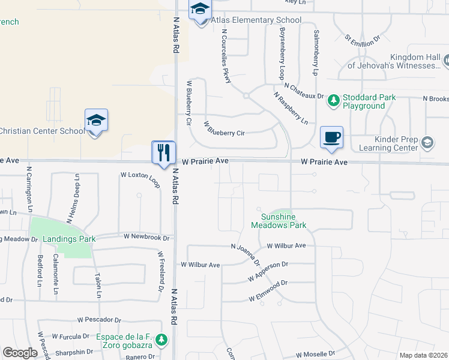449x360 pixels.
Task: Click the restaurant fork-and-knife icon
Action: click(x=163, y=152)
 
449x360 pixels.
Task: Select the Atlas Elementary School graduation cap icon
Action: click(x=200, y=10)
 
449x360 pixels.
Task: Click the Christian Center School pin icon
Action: click(x=96, y=121)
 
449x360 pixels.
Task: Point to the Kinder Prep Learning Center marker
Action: click(x=427, y=143)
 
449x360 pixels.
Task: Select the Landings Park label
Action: click(x=70, y=239)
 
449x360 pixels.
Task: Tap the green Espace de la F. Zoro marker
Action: click(x=161, y=340)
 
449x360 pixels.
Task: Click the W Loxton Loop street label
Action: click(x=140, y=178)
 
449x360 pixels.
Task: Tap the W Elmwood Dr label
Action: click(x=268, y=291)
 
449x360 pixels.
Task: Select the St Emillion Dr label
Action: click(x=363, y=40)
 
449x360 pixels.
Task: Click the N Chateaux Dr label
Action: click(x=304, y=91)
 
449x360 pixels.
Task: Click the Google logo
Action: click(x=20, y=352)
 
